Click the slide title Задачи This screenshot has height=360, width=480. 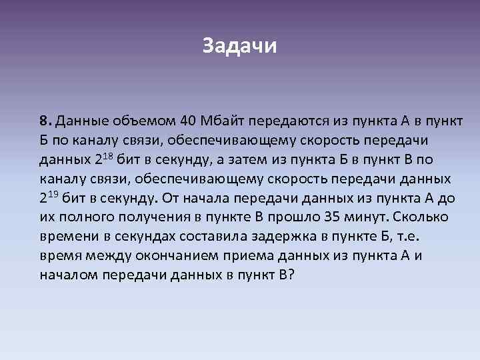(239, 47)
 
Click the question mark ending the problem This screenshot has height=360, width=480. (290, 276)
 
